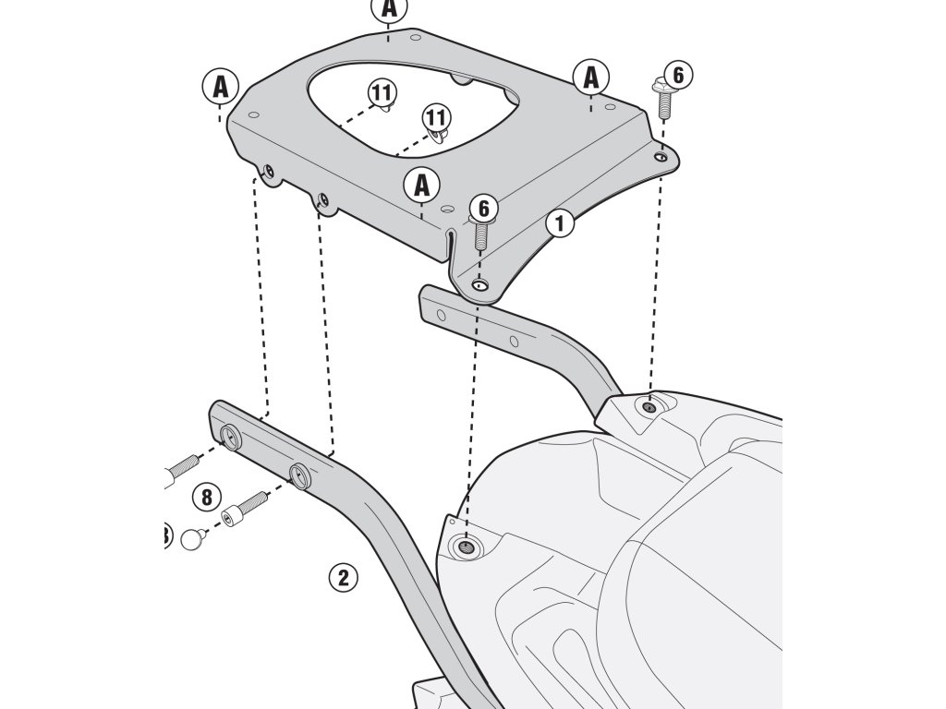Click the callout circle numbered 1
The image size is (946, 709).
[560, 222]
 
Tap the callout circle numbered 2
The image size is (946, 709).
[342, 578]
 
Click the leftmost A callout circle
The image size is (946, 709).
[221, 87]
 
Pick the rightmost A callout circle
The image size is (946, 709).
[590, 78]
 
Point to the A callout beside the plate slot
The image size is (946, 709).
[422, 185]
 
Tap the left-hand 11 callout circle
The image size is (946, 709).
[381, 92]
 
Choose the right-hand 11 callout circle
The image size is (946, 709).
[436, 117]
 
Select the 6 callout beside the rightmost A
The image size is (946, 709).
[678, 74]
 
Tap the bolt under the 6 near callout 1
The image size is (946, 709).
[481, 235]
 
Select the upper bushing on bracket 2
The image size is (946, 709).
[232, 435]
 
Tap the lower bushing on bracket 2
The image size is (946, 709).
[299, 475]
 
